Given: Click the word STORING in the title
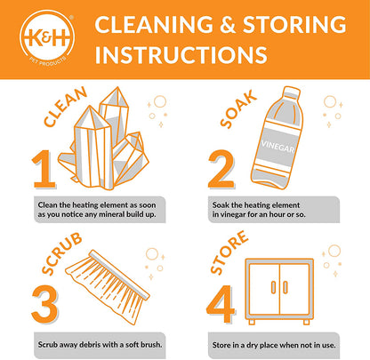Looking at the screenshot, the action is [294, 24].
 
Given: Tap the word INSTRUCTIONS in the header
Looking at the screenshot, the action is [181, 54].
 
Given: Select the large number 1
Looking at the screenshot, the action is [44, 169].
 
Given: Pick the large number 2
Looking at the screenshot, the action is [221, 169].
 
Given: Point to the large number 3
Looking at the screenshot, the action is [44, 304].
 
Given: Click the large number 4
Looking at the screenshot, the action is [221, 304].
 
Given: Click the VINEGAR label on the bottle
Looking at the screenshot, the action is [277, 146].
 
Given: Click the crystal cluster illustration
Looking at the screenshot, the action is [103, 140].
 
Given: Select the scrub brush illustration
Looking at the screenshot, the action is [108, 286].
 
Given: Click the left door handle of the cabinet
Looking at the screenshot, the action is [273, 287].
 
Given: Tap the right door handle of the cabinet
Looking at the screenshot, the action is [285, 287].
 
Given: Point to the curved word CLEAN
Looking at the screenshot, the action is [65, 107].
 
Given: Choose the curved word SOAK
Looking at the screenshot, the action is [238, 109].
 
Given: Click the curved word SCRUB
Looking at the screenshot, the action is [61, 253].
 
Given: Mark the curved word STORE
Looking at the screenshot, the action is [229, 252].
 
